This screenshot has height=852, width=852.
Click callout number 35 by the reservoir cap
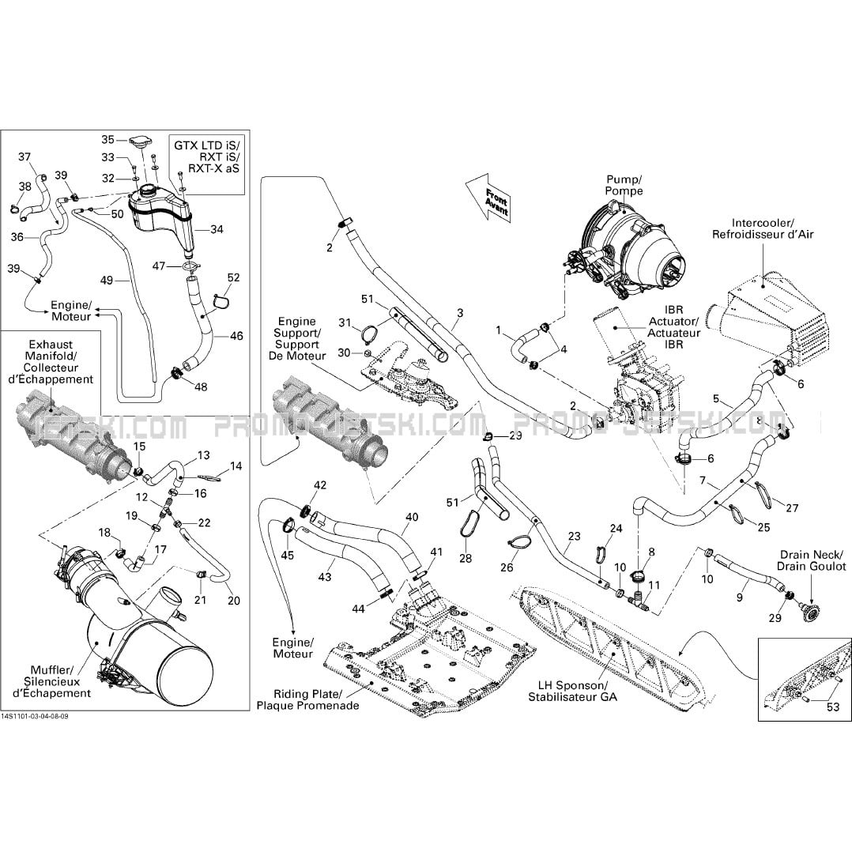108,140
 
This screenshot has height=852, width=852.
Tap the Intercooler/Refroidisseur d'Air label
762,228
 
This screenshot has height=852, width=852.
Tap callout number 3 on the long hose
459,314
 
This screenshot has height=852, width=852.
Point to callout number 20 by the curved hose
233,601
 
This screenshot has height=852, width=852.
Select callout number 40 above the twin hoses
412,518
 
